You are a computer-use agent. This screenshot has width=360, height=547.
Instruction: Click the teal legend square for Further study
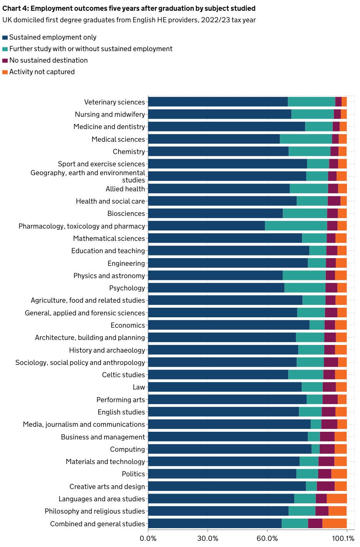point(5,49)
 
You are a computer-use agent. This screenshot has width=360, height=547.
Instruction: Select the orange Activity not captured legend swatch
point(5,72)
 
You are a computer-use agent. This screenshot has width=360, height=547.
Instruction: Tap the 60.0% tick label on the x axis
point(267,538)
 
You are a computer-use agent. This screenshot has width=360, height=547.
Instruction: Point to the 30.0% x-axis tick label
point(208,538)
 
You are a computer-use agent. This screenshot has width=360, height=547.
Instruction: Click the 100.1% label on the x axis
point(343,538)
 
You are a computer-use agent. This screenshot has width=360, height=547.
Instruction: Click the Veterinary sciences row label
point(114,102)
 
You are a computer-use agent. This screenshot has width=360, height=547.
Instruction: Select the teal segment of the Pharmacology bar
point(296,226)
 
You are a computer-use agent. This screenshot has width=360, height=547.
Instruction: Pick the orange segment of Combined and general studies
point(334,524)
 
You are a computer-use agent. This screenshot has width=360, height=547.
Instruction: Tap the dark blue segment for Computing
point(230,449)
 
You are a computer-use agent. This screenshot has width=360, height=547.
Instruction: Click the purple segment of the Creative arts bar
point(325,486)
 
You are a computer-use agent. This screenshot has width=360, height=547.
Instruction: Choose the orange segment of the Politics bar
point(339,474)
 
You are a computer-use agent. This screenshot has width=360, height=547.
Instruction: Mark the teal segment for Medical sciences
point(306,139)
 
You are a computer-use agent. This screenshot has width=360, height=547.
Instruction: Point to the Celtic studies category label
point(123,375)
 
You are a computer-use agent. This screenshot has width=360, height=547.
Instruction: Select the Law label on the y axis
point(139,387)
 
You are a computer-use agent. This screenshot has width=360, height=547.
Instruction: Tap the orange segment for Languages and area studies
point(337,499)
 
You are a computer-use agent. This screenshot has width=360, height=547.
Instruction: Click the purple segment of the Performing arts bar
point(330,399)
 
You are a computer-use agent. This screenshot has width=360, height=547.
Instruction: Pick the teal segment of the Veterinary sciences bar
point(311,102)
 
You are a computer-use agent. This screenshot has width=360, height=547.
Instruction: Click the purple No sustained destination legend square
point(5,61)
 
